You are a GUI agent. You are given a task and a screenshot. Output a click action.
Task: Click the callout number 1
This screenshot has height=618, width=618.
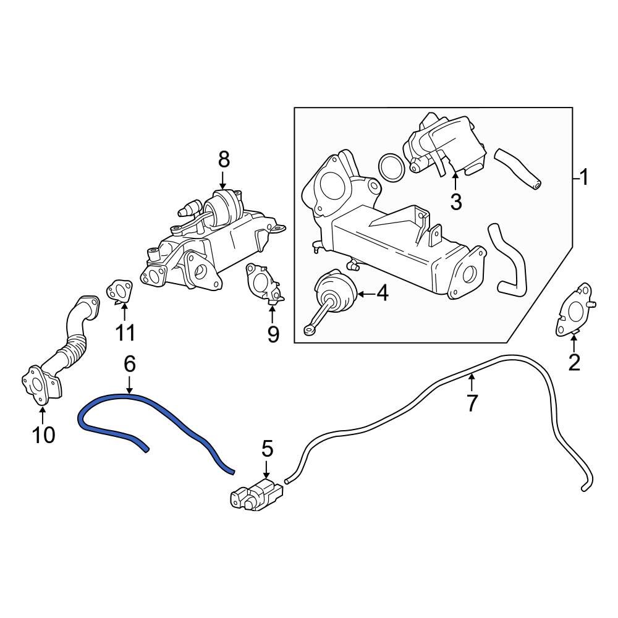coord(583,179)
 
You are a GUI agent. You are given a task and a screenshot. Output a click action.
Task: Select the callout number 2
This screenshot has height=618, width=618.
coord(574,363)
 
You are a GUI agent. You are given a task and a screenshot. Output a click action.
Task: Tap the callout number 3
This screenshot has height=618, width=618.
coord(456,201)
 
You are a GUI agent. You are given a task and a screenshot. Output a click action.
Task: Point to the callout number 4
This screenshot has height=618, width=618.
coord(382,294)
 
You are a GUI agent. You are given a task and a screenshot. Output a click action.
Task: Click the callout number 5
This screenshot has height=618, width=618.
coord(267,449)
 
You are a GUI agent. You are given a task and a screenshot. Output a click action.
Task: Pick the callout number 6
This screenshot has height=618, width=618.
coord(129,364)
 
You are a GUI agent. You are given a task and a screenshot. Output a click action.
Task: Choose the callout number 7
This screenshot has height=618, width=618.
coord(472,403)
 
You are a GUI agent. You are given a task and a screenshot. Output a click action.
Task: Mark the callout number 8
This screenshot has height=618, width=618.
coord(224,159)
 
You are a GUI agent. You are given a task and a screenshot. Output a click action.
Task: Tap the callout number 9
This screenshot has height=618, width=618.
coord(273,334)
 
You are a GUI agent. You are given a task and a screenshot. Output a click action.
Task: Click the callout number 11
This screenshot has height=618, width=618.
coord(125,332)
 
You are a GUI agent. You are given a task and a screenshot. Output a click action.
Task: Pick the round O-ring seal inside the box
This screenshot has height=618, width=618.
coord(390,168)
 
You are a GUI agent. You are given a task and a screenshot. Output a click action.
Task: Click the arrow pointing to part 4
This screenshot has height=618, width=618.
coord(364,294)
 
